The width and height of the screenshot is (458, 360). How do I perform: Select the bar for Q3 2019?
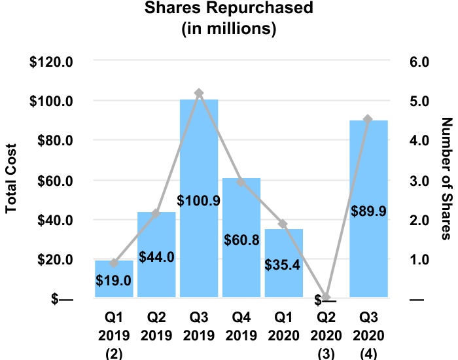(199, 196)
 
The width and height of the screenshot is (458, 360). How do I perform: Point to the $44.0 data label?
(156, 257)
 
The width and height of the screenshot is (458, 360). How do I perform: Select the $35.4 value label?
(283, 265)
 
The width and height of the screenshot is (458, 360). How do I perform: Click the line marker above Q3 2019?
(199, 94)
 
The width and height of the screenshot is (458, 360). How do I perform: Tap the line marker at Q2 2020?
(326, 298)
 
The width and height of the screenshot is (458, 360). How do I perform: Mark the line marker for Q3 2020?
(368, 119)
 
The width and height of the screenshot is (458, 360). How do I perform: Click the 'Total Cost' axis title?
(11, 181)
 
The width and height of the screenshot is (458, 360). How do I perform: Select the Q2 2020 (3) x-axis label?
(326, 334)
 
